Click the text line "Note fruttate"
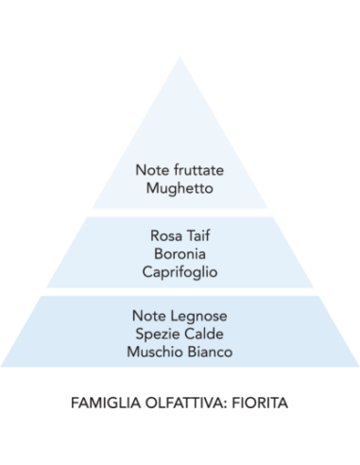[x=180, y=172]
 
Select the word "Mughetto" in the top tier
[x=180, y=188]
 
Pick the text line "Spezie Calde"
[x=180, y=336]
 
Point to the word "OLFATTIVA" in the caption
[x=183, y=402]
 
